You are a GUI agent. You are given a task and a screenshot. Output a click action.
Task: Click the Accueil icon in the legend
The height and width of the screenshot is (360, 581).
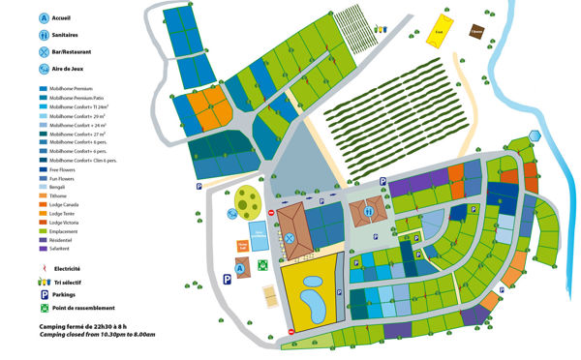tap(45, 17)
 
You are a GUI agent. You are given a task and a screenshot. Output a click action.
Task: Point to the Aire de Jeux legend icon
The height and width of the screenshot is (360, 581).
tap(45, 69)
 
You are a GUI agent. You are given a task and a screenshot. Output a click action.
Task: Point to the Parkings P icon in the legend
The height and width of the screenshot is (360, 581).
tap(44, 294)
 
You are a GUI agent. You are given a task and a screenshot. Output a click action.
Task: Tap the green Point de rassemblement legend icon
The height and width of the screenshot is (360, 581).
tap(44, 308)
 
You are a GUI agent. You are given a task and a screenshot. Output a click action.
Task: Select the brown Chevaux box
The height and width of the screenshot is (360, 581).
tap(476, 31)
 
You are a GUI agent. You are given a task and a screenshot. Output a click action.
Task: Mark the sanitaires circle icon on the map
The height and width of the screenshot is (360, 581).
tap(370, 210)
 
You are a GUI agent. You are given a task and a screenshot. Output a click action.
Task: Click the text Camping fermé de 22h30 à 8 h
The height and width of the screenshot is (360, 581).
tap(80, 327)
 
